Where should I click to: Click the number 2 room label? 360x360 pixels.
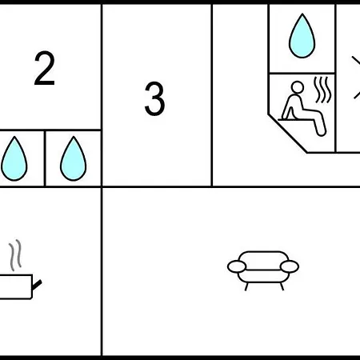pyautogui.click(x=45, y=68)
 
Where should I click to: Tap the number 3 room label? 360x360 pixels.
pyautogui.click(x=154, y=98)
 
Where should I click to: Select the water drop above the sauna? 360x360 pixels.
pyautogui.click(x=302, y=36)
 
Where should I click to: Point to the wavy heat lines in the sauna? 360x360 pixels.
pyautogui.click(x=322, y=90)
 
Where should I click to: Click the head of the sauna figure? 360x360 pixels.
pyautogui.click(x=298, y=87)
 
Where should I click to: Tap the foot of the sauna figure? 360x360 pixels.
pyautogui.click(x=322, y=132)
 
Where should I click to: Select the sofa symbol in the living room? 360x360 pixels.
pyautogui.click(x=263, y=270)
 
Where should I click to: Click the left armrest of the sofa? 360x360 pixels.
pyautogui.click(x=237, y=266)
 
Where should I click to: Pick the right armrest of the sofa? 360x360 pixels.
pyautogui.click(x=290, y=266)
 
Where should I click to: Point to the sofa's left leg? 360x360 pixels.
pyautogui.click(x=246, y=287)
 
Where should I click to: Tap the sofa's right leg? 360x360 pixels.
pyautogui.click(x=282, y=287)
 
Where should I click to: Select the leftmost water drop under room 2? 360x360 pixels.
pyautogui.click(x=14, y=158)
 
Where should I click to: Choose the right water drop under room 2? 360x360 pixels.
pyautogui.click(x=74, y=158)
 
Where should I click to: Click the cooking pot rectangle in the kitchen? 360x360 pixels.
pyautogui.click(x=16, y=286)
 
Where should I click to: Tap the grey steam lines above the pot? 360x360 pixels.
pyautogui.click(x=15, y=255)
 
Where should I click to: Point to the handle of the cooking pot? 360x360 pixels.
pyautogui.click(x=37, y=285)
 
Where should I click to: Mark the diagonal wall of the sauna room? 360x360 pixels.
pyautogui.click(x=287, y=134)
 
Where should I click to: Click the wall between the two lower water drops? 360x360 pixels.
pyautogui.click(x=45, y=158)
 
